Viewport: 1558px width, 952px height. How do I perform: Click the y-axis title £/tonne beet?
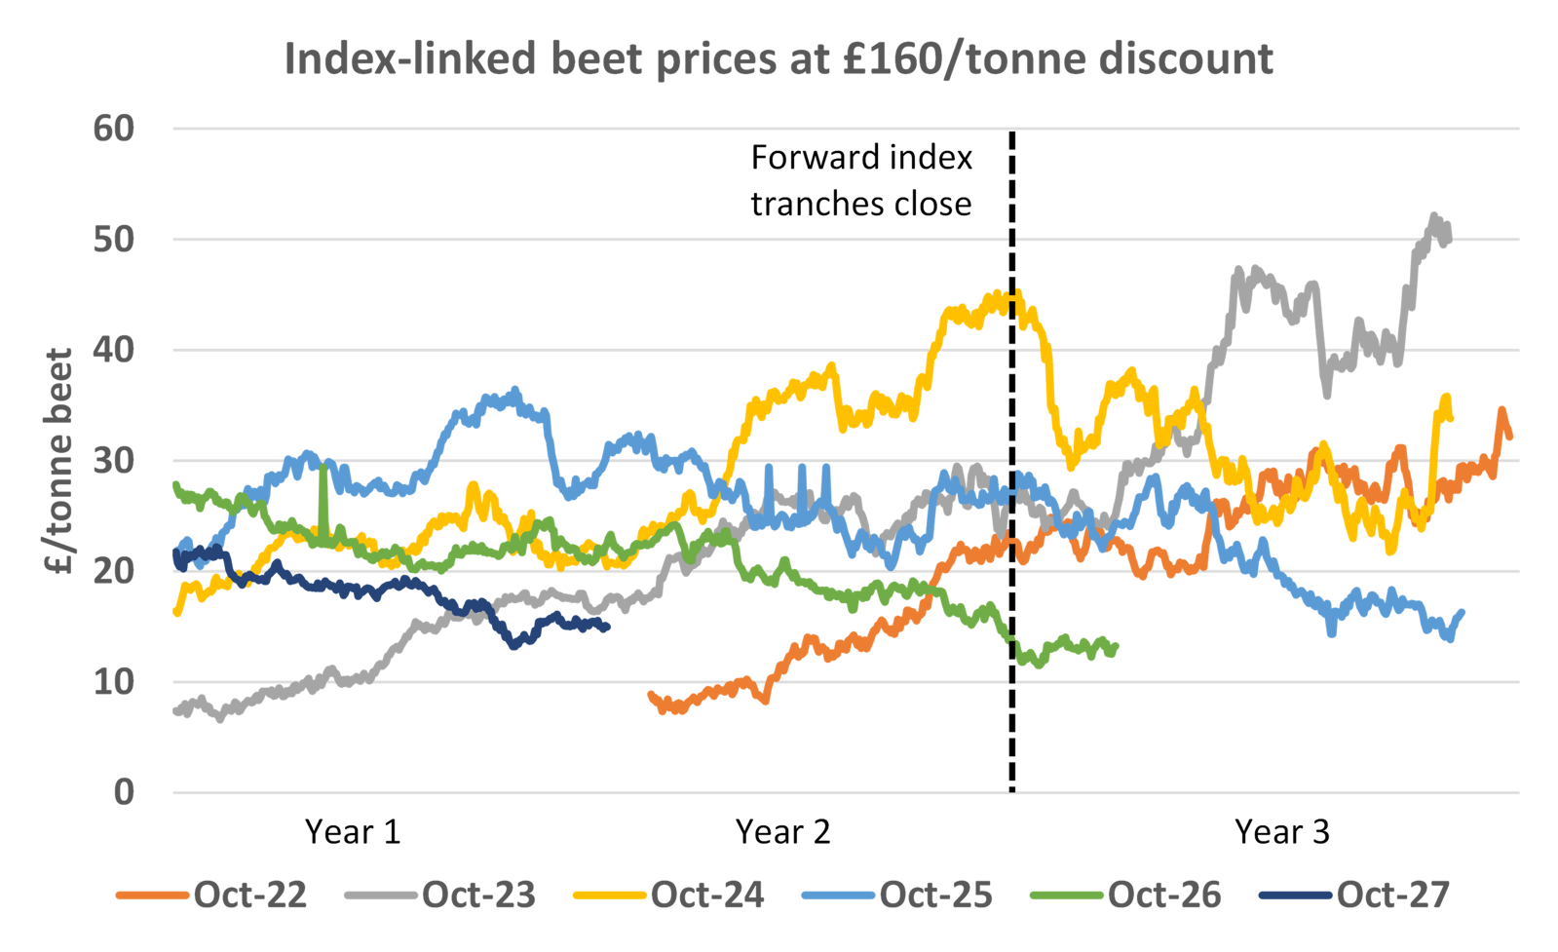click(60, 461)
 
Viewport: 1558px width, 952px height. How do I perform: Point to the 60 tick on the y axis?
click(114, 128)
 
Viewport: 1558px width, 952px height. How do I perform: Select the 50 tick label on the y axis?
click(114, 239)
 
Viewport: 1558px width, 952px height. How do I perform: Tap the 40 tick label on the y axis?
click(114, 350)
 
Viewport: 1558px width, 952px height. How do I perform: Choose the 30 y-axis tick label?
click(114, 460)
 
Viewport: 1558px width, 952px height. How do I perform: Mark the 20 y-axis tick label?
click(114, 571)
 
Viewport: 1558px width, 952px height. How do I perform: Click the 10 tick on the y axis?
click(114, 681)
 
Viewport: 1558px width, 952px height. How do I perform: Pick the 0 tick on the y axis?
click(124, 792)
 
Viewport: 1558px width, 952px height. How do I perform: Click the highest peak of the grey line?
click(1434, 213)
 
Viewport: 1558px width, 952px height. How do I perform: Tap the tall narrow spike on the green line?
click(323, 469)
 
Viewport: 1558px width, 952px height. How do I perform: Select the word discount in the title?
click(1186, 59)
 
